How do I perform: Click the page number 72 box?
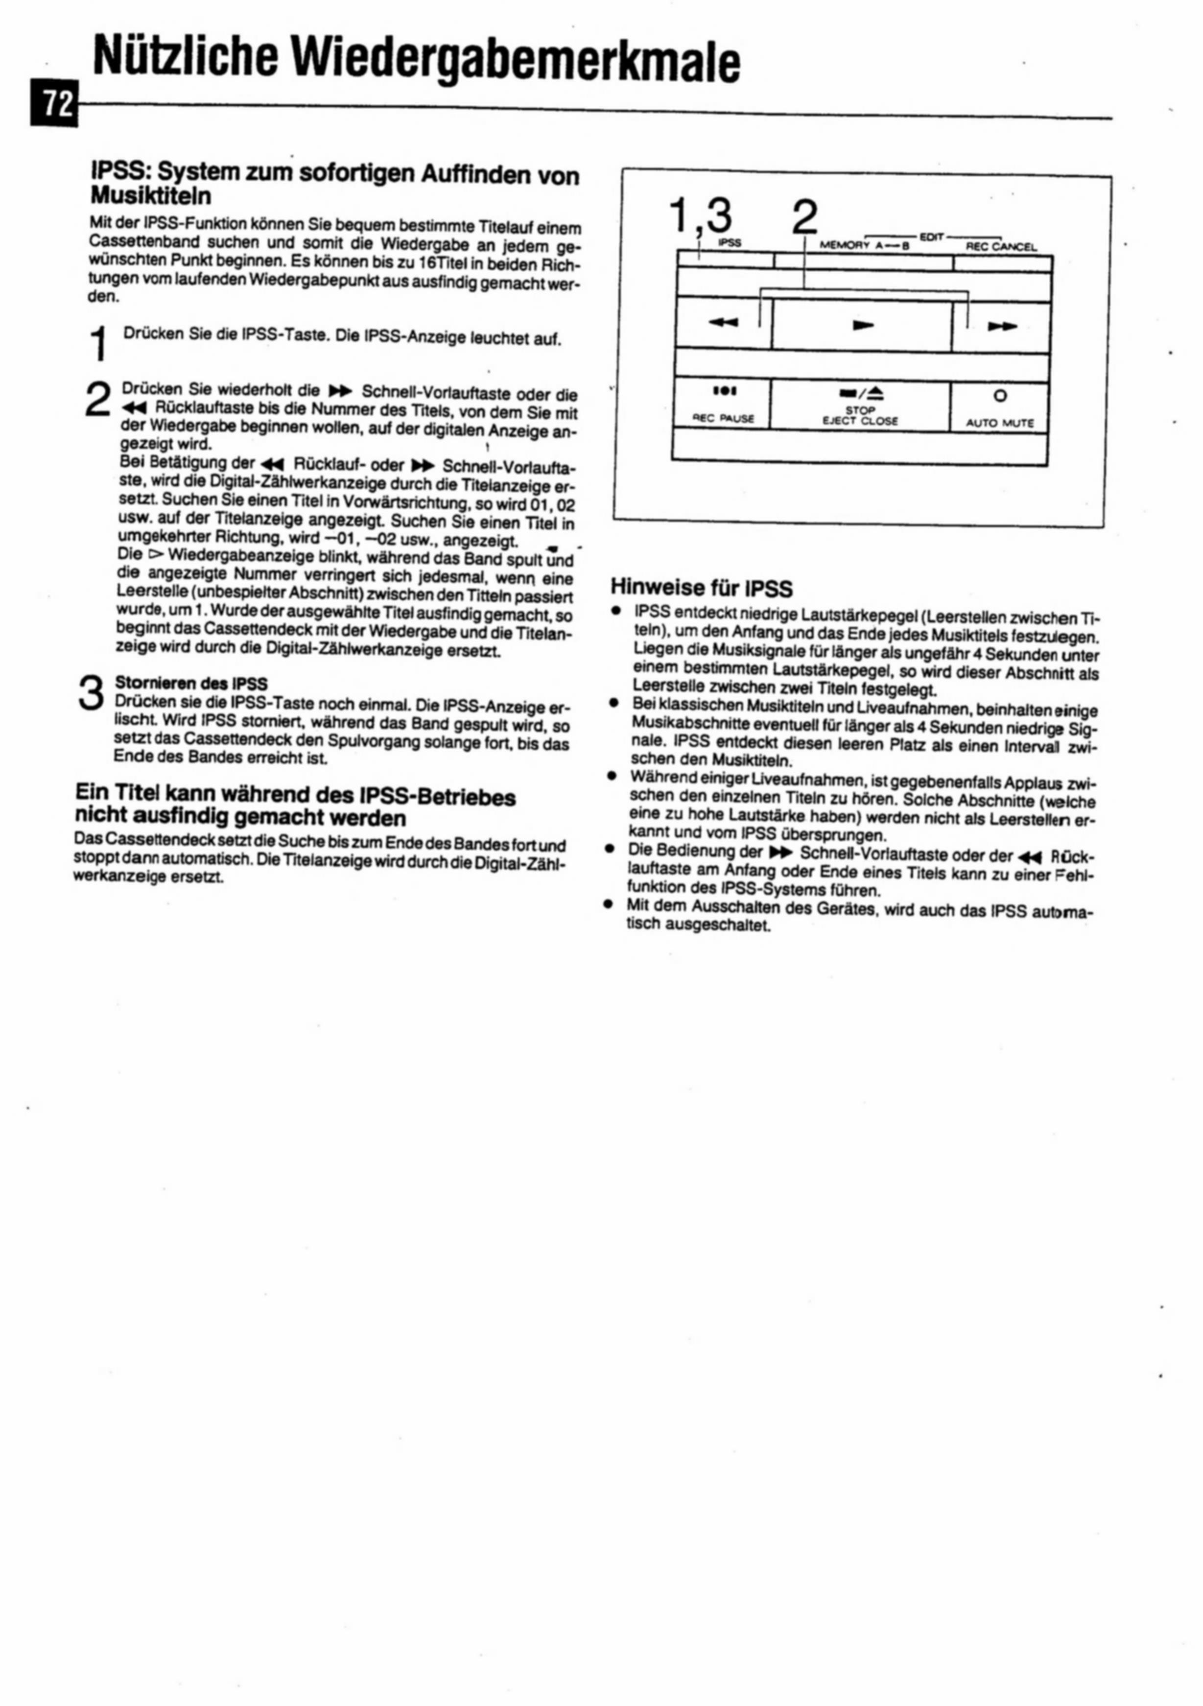point(53,105)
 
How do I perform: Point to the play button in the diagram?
point(862,325)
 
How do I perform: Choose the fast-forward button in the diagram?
point(1002,326)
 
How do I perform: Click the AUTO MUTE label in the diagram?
point(999,423)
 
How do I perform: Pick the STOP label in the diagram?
point(860,410)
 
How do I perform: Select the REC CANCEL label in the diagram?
point(1000,247)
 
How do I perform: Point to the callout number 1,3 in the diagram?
point(700,217)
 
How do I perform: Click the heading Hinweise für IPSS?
point(702,589)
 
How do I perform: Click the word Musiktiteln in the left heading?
point(151,196)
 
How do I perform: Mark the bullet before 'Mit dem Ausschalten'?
point(609,906)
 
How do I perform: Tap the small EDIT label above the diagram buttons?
point(931,237)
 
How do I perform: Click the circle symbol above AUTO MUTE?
point(1000,395)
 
